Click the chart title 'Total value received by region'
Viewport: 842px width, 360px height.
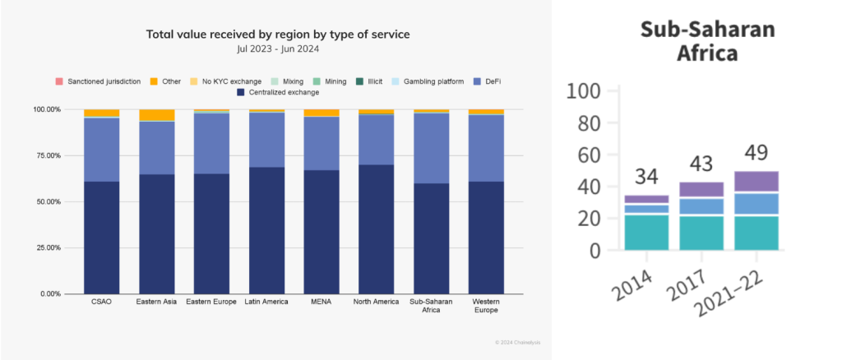277,34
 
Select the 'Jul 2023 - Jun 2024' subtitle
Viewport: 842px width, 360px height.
277,49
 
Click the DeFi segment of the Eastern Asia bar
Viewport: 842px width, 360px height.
156,148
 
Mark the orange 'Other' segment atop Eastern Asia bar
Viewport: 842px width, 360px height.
156,115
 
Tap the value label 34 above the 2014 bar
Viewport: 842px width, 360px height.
646,177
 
